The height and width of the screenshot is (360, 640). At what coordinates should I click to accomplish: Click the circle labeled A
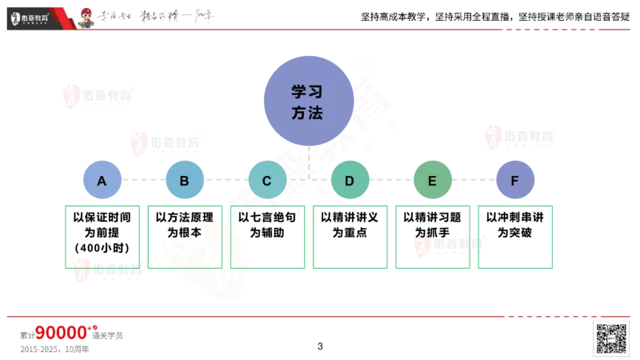[x=102, y=180]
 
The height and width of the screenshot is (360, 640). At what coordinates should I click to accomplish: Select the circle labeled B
[x=185, y=180]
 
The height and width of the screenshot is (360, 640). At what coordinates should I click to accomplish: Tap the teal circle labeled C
[x=267, y=180]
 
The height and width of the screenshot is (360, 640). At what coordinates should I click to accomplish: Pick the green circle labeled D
[x=350, y=180]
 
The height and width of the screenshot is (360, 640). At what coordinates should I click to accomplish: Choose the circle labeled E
[x=432, y=180]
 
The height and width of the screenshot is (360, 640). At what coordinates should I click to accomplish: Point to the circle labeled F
[x=514, y=180]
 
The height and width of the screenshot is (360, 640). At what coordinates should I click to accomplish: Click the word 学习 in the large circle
[x=307, y=92]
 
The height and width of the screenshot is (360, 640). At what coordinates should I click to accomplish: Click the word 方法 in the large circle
[x=307, y=114]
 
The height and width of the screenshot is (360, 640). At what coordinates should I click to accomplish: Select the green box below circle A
[x=102, y=238]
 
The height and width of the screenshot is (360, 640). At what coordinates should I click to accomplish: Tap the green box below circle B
[x=185, y=238]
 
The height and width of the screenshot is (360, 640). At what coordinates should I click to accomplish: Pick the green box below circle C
[x=268, y=238]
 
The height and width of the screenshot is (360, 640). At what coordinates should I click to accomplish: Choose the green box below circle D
[x=350, y=238]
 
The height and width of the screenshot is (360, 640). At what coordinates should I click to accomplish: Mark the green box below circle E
[x=433, y=238]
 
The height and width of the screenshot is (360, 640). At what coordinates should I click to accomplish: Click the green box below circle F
[x=516, y=238]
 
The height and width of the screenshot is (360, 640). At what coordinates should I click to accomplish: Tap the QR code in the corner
[x=610, y=338]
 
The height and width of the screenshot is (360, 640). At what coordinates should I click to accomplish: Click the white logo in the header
[x=36, y=17]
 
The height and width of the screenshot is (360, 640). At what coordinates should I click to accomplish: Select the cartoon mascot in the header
[x=86, y=17]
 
